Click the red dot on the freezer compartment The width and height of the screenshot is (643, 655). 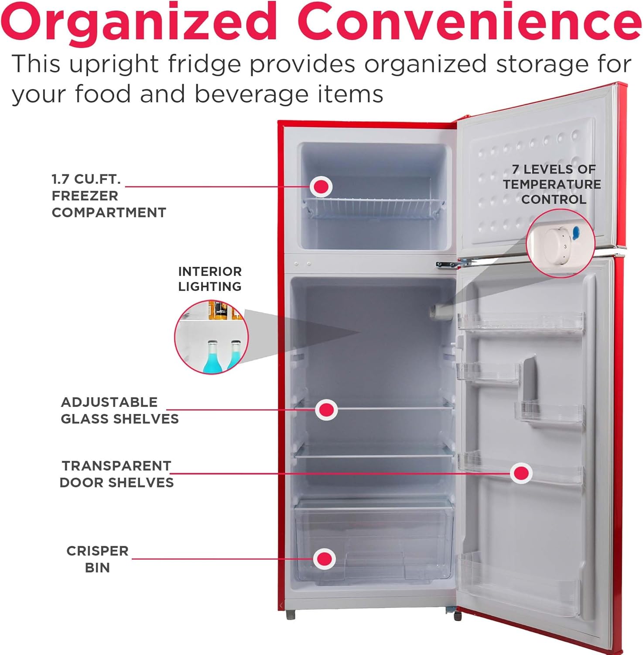click(321, 187)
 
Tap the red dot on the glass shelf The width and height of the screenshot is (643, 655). click(326, 410)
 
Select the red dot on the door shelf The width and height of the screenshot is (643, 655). click(521, 473)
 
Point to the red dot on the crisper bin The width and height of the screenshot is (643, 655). click(324, 558)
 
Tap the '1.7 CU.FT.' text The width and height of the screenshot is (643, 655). click(86, 179)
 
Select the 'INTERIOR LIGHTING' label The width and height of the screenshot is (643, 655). click(210, 279)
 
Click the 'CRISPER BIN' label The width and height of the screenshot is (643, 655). click(97, 559)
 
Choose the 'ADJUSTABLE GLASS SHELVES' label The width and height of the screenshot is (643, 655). click(120, 410)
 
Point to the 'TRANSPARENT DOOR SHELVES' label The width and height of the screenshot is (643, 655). click(116, 474)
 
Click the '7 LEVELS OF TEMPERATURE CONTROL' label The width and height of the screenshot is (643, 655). click(552, 184)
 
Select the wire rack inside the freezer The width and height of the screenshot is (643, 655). click(374, 208)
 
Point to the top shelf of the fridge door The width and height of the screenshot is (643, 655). click(521, 323)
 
